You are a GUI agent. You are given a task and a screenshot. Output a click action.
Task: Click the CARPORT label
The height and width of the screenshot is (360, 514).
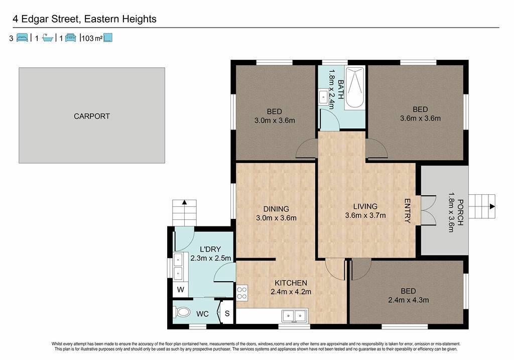coord(92,116)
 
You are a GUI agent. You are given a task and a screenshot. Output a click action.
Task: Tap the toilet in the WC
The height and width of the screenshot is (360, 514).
coord(181,312)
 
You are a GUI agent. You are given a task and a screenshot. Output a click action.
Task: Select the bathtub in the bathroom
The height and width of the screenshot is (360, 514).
coord(354,88)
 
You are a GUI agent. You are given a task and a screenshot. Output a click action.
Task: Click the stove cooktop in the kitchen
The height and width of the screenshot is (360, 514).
coord(242,293)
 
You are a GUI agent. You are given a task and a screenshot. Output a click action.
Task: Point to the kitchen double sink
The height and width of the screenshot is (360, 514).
coord(294,316)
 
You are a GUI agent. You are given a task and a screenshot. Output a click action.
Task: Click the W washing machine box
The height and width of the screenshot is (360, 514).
coord(180,290)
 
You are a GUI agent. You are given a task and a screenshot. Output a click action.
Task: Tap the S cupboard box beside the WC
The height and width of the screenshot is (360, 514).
coord(227,313)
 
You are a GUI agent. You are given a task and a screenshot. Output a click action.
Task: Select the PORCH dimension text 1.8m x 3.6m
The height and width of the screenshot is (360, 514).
coord(451,212)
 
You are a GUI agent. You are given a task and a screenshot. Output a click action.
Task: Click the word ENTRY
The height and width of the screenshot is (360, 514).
coord(407,211)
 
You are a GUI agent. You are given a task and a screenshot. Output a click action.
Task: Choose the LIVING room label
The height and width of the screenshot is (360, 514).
coord(365,206)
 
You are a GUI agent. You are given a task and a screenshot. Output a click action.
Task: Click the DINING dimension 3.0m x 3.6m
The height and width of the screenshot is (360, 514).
coord(277,218)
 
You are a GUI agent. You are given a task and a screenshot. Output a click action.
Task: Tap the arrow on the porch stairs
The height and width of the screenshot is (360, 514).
coord(492,206)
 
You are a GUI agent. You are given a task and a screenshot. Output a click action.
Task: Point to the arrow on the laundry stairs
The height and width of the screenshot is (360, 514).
coord(184,202)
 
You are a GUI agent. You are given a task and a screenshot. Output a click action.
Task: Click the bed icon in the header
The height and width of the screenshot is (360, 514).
coord(22,38)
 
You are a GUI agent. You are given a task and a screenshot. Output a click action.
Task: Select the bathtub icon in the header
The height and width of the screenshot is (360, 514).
coord(48,38)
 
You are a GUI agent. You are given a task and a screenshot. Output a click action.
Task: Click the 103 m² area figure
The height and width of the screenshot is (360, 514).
coord(92,38)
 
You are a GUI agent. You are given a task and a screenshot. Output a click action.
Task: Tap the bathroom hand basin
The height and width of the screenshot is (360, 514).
coord(323,97)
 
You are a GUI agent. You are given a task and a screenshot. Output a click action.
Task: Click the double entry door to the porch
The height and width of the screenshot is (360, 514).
coord(428,210)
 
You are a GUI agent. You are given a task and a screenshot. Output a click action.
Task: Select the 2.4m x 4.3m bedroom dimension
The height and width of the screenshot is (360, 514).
coord(409,300)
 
